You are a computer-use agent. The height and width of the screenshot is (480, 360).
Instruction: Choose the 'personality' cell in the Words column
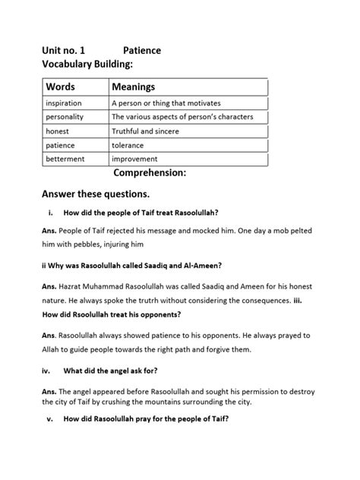(x=65, y=117)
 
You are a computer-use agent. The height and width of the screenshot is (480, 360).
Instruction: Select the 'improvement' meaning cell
(x=134, y=159)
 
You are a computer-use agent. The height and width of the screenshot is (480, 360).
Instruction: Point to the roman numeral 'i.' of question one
(x=49, y=213)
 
